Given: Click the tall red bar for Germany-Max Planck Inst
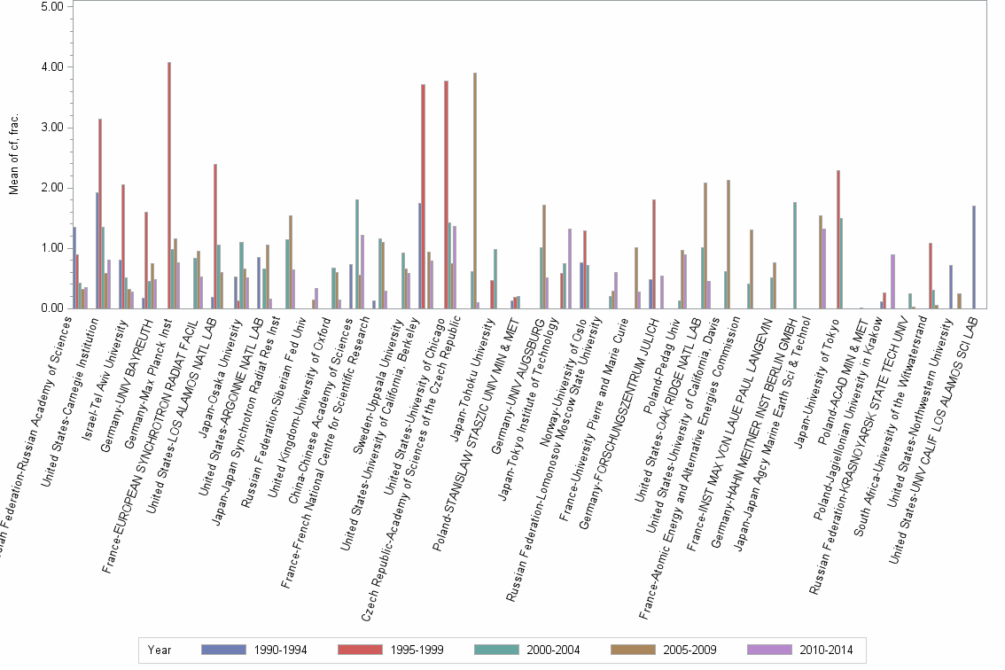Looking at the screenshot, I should coord(169,185).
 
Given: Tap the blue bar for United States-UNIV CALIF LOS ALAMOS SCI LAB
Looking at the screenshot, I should coord(974,257).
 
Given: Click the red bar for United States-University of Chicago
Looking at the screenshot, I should coord(446,194).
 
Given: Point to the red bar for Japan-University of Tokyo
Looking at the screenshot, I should coord(837,239).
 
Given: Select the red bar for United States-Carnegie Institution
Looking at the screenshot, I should coord(100,214).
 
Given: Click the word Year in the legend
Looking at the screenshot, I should coord(160,650).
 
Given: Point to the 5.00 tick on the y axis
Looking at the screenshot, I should coord(51,6).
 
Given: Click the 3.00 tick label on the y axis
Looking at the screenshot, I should coord(51,128).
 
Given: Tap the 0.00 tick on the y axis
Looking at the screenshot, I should coord(51,308).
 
